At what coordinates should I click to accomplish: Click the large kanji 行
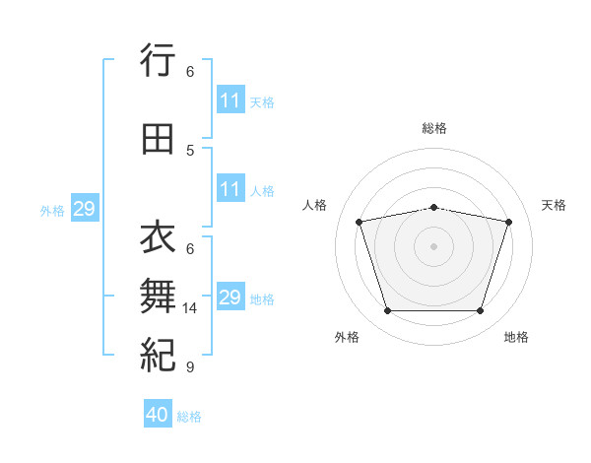click(x=158, y=60)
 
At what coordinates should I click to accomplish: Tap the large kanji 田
click(x=158, y=139)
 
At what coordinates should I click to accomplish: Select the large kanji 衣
click(x=158, y=236)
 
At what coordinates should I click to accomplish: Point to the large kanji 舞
click(x=158, y=296)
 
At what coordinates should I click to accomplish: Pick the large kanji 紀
click(x=158, y=355)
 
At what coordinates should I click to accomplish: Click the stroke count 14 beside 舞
click(x=189, y=308)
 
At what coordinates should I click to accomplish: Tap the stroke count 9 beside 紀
click(x=190, y=366)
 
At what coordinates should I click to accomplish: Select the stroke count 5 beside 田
click(x=190, y=151)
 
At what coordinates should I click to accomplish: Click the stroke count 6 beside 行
click(x=190, y=72)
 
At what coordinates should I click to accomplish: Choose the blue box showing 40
click(x=158, y=413)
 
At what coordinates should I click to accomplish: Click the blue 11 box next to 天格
click(x=230, y=99)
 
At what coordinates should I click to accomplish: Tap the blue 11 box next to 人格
click(x=230, y=188)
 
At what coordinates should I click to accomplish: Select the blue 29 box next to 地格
click(x=230, y=296)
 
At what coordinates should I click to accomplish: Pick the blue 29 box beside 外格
click(x=85, y=208)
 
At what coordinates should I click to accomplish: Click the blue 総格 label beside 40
click(x=189, y=417)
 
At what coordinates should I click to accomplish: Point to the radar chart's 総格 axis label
click(x=434, y=128)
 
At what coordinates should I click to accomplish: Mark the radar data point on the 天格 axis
click(x=509, y=222)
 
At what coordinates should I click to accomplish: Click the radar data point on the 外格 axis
click(x=388, y=310)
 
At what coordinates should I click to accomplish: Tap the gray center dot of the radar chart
click(x=433, y=246)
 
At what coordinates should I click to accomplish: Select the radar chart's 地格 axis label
click(x=516, y=337)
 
